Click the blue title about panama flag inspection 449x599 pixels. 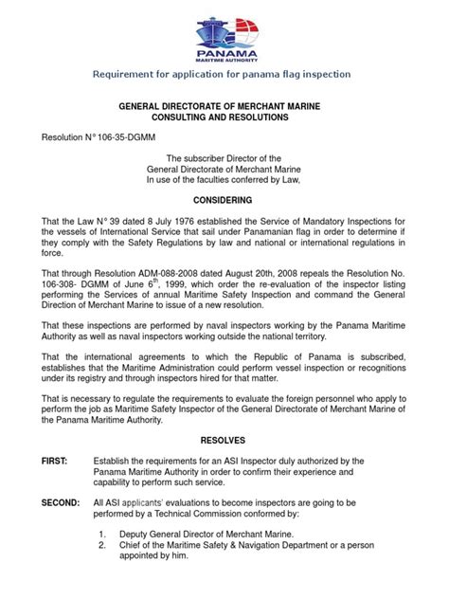pos(224,73)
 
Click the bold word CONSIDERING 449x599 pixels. pos(224,201)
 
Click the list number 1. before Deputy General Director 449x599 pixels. pos(101,560)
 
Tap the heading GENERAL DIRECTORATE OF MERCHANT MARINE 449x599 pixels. pos(224,109)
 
